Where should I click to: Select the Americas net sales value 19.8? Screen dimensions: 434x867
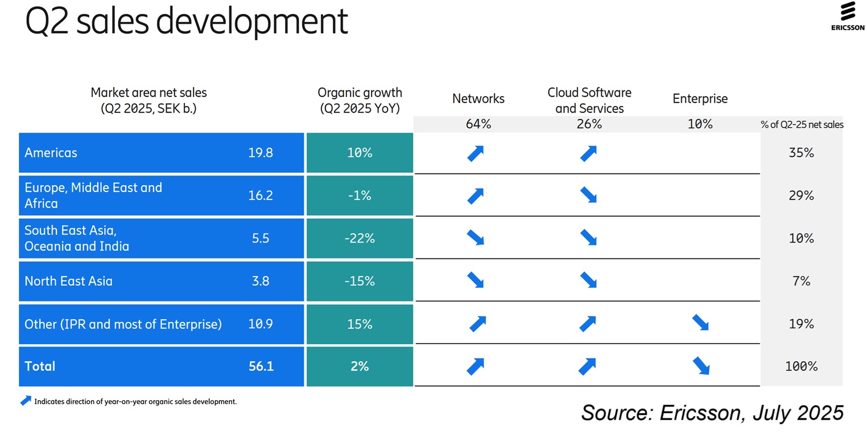point(261,153)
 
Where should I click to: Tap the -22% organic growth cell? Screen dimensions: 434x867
point(360,239)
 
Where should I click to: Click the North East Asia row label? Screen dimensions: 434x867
point(68,281)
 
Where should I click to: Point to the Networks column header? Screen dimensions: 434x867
point(478,99)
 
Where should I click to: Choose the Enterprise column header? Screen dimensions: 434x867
point(700,99)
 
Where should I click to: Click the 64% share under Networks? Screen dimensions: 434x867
point(478,124)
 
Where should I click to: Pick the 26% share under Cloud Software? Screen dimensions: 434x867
point(589,124)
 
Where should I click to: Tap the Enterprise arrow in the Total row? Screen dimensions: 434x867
point(701,366)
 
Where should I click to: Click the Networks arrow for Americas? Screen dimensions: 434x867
point(476,153)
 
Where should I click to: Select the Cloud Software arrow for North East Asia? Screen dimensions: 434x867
point(588,280)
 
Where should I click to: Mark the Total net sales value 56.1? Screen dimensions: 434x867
point(261,366)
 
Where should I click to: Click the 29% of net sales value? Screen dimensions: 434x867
point(801,196)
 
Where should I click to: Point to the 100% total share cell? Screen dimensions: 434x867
point(801,366)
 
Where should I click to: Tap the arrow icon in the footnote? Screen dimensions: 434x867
point(26,400)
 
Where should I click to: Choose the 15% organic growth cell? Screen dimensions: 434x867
point(360,324)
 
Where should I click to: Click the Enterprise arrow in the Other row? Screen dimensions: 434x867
point(700,323)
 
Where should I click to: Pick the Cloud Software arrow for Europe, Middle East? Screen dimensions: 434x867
point(588,195)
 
